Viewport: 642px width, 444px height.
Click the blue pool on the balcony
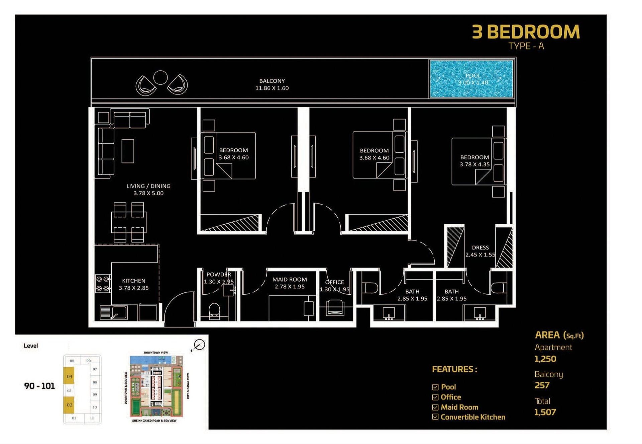point(471,79)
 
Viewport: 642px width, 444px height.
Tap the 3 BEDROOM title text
point(526,32)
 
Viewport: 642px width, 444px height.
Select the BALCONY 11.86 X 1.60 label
point(272,84)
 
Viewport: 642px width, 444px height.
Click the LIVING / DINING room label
point(148,189)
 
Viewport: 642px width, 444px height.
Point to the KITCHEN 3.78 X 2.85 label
point(133,284)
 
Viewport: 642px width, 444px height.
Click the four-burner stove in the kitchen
point(103,283)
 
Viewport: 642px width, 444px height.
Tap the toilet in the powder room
point(214,309)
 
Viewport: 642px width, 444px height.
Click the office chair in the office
point(335,307)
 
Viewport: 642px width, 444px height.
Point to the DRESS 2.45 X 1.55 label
point(480,251)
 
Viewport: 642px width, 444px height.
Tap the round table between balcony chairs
point(160,78)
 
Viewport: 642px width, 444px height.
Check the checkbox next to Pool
point(435,387)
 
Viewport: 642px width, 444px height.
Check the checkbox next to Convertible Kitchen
point(435,417)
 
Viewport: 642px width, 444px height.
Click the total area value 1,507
point(545,412)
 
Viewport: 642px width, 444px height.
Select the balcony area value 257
point(542,385)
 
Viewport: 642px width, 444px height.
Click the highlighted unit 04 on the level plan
point(69,376)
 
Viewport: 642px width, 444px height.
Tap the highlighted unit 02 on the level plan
point(69,405)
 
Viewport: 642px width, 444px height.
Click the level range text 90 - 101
point(39,386)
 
